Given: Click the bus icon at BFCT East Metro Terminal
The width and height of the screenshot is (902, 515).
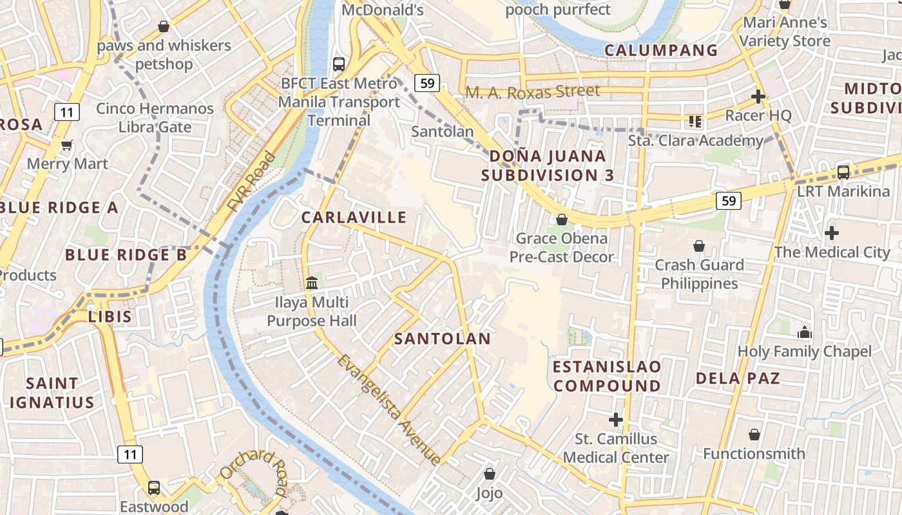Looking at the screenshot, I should [339, 64].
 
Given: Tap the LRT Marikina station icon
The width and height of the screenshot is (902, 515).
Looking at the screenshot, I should [843, 172].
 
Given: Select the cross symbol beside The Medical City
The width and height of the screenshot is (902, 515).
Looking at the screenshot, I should [832, 232].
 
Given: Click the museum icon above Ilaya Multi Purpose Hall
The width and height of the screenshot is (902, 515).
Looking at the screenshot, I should [312, 283].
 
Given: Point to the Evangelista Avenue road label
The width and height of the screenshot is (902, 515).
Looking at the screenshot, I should [389, 409].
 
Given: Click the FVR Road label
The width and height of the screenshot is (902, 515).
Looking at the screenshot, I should [251, 182].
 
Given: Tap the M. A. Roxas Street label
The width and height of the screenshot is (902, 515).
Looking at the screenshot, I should [532, 92].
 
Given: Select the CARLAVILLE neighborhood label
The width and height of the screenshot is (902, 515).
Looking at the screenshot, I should [354, 218].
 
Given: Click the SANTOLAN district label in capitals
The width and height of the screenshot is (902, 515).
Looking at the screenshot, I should [442, 339].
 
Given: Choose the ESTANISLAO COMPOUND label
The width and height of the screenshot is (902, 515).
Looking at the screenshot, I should [607, 377].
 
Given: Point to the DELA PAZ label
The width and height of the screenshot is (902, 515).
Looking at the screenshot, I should [738, 378].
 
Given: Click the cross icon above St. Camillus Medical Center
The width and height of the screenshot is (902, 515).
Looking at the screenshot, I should [616, 420].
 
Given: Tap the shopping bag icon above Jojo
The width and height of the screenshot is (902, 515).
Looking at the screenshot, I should [490, 474].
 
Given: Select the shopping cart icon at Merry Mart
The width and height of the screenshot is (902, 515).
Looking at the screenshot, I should [66, 145].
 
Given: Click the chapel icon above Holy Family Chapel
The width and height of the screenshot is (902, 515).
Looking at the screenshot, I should [804, 332].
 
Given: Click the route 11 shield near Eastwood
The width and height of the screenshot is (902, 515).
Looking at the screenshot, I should [130, 454].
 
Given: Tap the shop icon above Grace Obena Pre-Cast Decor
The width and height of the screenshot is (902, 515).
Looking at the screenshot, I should [562, 220].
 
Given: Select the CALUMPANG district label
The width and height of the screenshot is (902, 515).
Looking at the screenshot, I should [661, 50].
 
